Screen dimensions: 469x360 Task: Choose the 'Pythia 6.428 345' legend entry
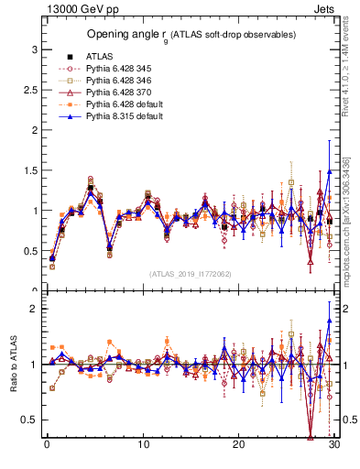(119, 69)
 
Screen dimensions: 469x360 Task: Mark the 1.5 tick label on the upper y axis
(29, 170)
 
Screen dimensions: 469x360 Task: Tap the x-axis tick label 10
(143, 445)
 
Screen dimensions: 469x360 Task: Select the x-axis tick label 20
(238, 445)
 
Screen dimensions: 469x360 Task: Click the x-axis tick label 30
(334, 445)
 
